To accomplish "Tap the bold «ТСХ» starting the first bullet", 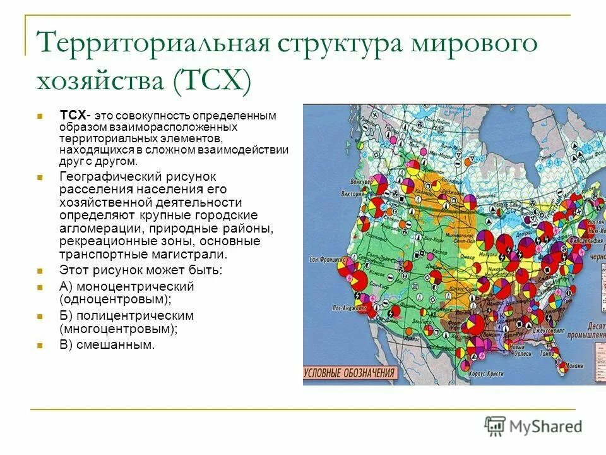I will click(x=74, y=115).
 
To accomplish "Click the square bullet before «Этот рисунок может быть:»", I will click(x=40, y=271).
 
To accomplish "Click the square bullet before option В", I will click(x=40, y=345).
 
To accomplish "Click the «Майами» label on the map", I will click(x=574, y=365).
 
